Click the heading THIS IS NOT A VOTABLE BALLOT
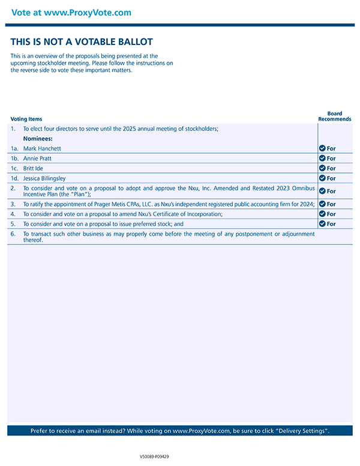point(82,42)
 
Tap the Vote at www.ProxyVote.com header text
point(71,13)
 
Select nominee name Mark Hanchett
point(42,148)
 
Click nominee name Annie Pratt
point(37,159)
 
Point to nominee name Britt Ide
point(34,168)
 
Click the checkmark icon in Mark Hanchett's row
point(322,148)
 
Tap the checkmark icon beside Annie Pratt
point(322,159)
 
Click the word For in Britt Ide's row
point(331,169)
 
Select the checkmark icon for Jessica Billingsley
point(322,178)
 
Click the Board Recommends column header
point(335,116)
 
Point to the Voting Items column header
point(26,119)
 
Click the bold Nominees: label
point(38,138)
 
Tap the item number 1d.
point(14,178)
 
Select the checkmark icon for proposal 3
point(322,204)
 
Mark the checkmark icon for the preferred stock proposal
point(322,224)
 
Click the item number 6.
point(13,234)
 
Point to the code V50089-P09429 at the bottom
point(154,457)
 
